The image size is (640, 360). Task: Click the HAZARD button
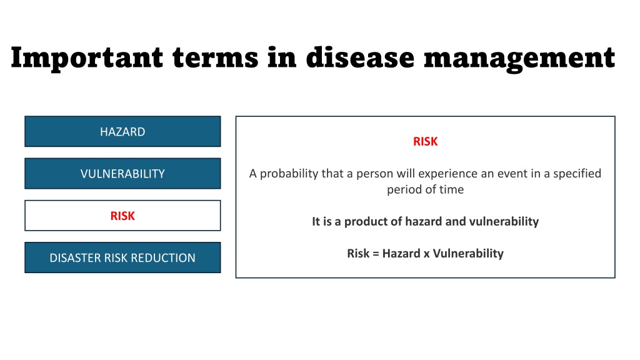click(x=122, y=131)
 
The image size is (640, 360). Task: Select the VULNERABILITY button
click(x=122, y=174)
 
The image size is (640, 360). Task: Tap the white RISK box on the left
click(x=122, y=216)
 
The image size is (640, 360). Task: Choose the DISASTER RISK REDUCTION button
click(x=122, y=257)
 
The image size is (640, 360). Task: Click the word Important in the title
click(x=87, y=58)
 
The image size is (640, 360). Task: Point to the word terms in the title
click(x=215, y=57)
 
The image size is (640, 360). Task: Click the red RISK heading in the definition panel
click(x=425, y=141)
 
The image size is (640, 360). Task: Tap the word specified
click(x=577, y=174)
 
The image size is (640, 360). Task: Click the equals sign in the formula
click(x=376, y=254)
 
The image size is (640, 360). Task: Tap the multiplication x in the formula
click(x=426, y=254)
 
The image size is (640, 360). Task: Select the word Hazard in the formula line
click(x=401, y=254)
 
